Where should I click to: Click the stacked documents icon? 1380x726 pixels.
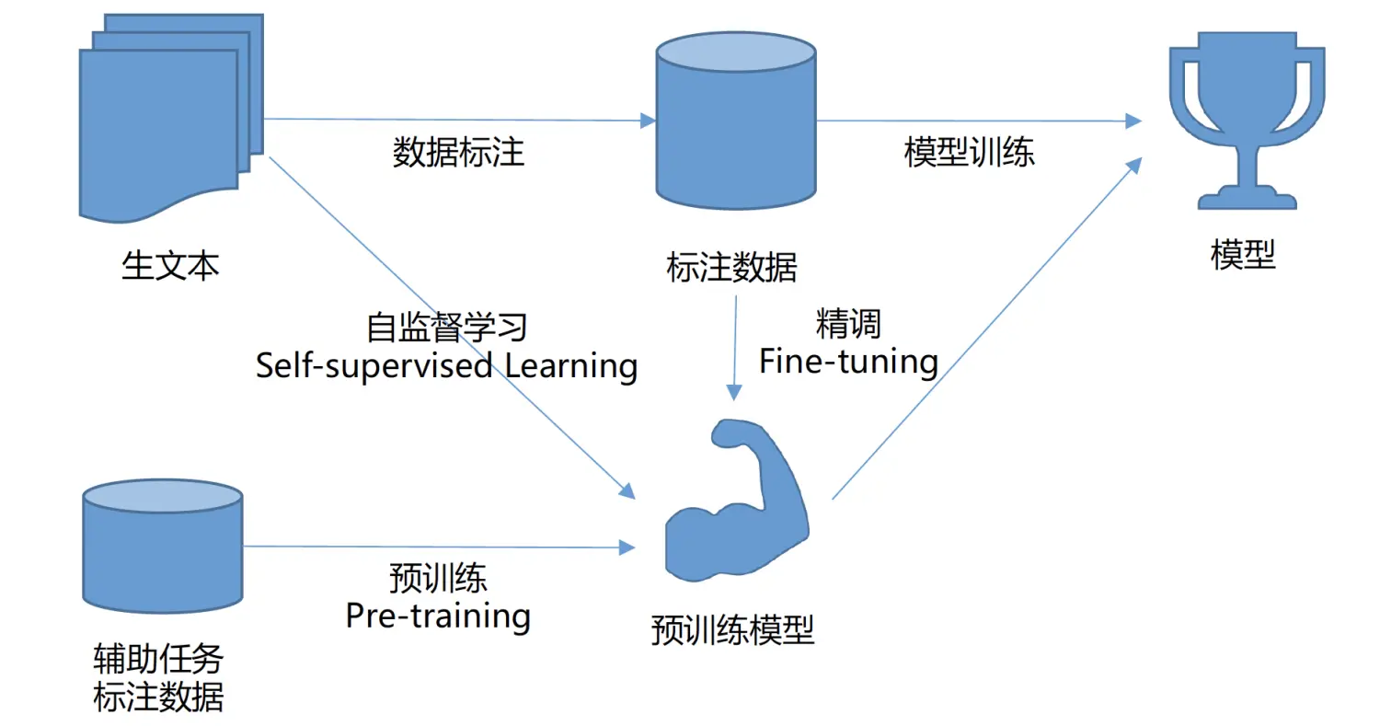pos(171,118)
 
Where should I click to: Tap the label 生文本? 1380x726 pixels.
pos(170,266)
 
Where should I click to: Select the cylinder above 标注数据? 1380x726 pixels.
pos(736,121)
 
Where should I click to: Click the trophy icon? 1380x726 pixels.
pos(1248,121)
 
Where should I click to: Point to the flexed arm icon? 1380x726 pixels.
pos(737,501)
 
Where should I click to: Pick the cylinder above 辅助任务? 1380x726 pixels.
pos(163,546)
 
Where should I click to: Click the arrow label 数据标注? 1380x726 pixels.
pos(458,152)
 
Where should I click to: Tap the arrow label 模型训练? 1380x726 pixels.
pos(969,152)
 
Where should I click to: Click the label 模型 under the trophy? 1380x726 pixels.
pos(1243,255)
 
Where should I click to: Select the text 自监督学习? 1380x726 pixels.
pos(446,328)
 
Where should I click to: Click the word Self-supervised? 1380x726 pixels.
pos(374,365)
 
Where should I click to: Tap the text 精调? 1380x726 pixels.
pos(848,324)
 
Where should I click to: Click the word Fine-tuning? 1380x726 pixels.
pos(848,362)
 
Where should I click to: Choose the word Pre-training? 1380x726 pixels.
pos(438,616)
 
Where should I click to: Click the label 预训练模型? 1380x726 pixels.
pos(732,630)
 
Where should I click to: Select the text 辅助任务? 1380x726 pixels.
pos(158,659)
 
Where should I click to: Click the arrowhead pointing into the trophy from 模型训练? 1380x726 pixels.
pos(1133,121)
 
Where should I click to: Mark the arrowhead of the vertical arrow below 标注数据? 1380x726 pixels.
pos(734,393)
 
